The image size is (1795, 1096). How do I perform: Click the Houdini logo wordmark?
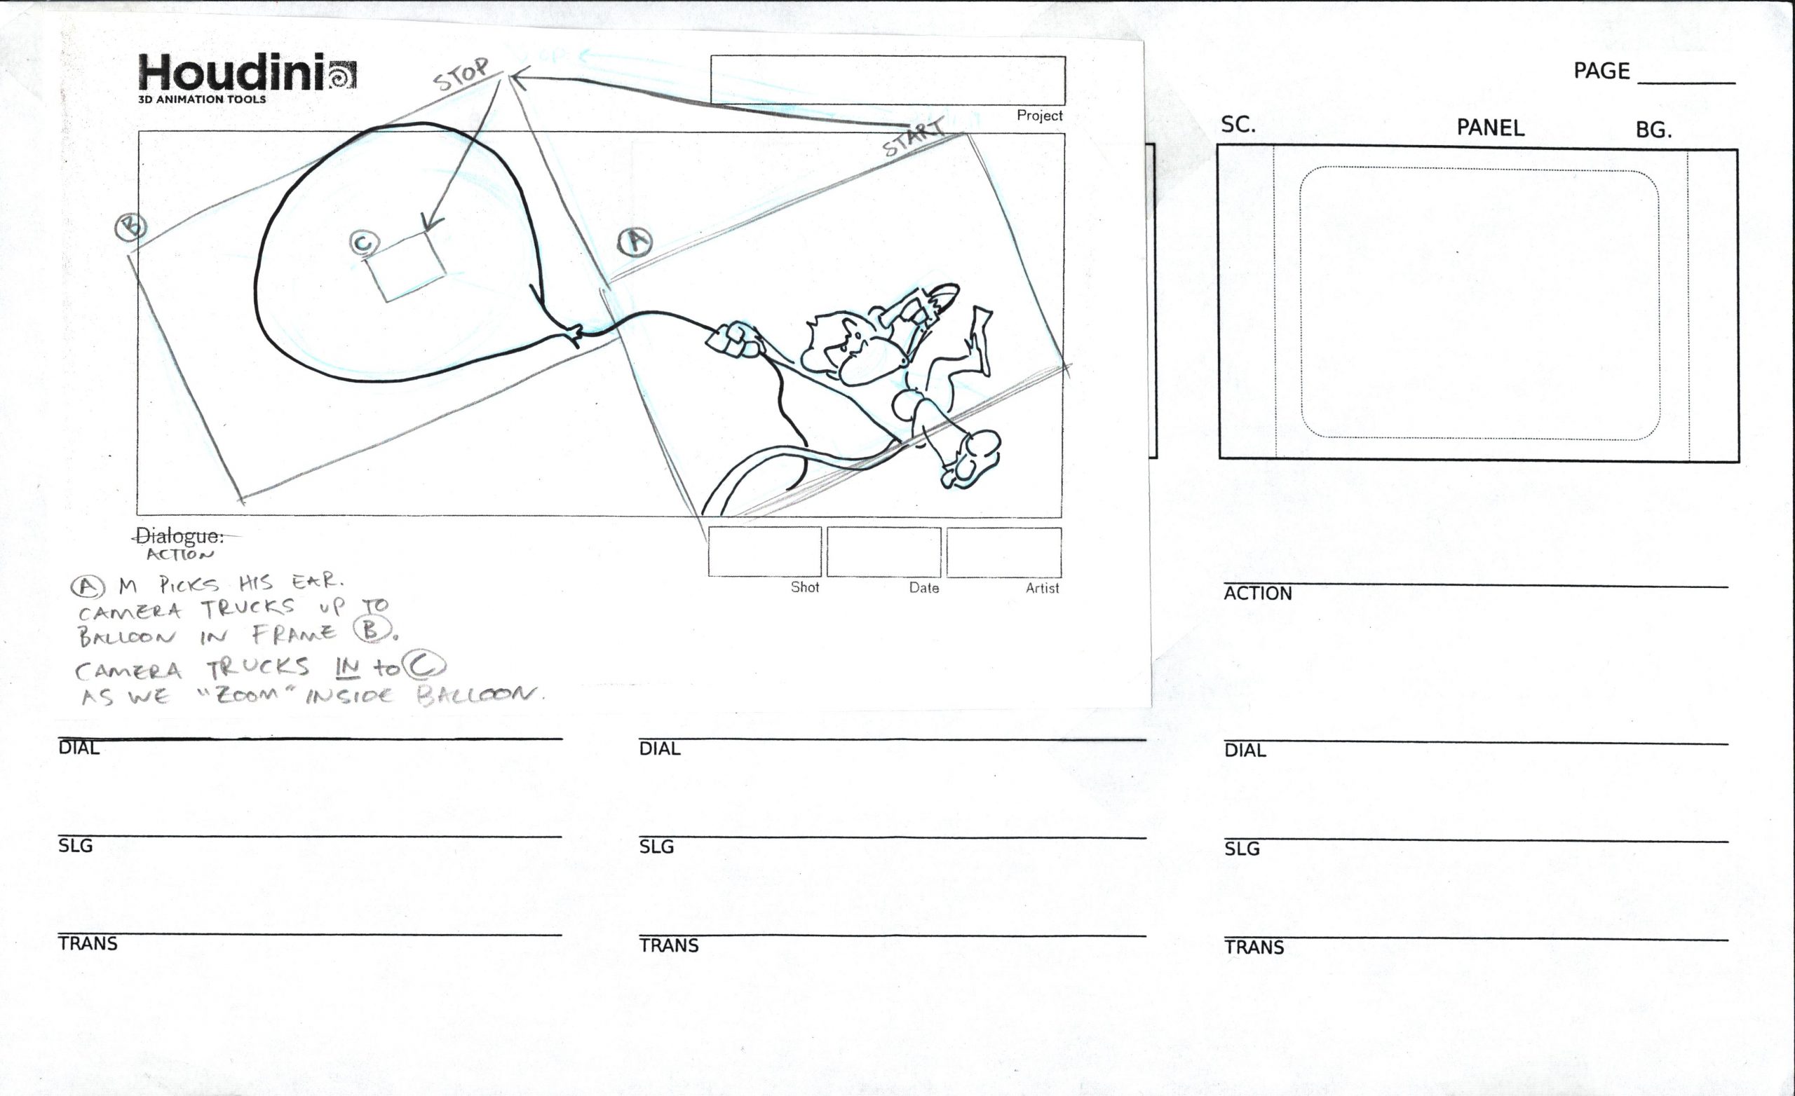pos(230,73)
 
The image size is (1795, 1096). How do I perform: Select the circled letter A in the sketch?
pos(635,242)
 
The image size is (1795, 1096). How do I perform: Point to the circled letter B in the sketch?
pos(131,227)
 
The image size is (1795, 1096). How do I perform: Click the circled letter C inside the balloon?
pos(364,243)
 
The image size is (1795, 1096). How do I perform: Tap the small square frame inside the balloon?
pos(406,266)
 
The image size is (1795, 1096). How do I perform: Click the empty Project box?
pos(887,80)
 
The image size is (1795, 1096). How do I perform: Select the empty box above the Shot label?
pos(765,552)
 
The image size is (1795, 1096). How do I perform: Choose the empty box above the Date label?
pos(883,552)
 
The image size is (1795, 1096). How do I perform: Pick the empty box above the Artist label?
pos(1004,552)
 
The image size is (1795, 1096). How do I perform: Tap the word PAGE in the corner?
pos(1601,71)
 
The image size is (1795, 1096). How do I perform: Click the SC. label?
pos(1238,125)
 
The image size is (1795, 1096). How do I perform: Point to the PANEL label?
pos(1491,128)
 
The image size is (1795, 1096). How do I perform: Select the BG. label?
pos(1653,130)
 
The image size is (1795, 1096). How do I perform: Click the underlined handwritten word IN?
pos(348,666)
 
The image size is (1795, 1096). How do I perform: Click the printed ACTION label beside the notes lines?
pos(1257,594)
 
